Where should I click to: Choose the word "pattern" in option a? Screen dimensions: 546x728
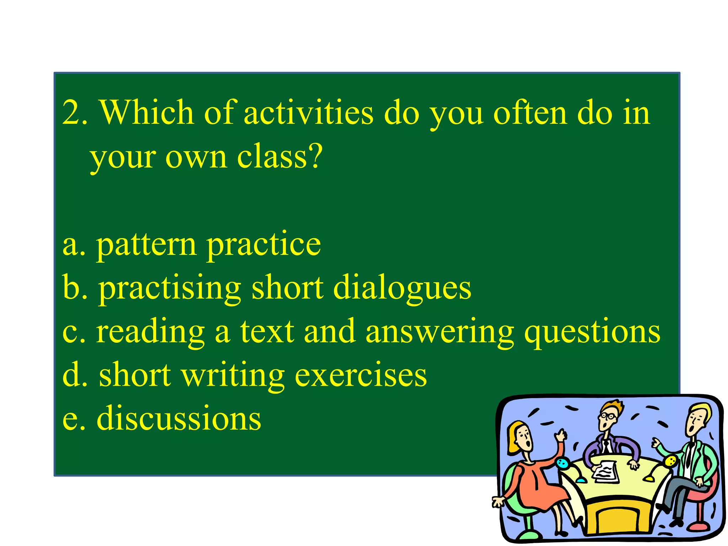pyautogui.click(x=146, y=245)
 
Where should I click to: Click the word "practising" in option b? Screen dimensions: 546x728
pyautogui.click(x=170, y=289)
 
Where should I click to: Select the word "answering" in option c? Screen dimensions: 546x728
pyautogui.click(x=439, y=332)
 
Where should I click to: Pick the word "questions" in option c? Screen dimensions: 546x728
pyautogui.click(x=592, y=332)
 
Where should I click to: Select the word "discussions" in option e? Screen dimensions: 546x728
pyautogui.click(x=179, y=419)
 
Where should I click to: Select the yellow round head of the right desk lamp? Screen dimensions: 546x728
pyautogui.click(x=670, y=461)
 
